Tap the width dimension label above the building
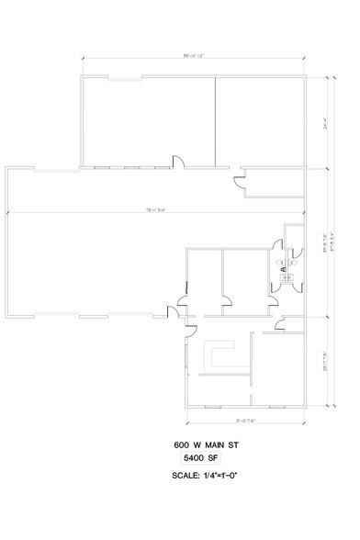pyautogui.click(x=193, y=57)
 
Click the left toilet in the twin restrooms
pyautogui.click(x=280, y=262)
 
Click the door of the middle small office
pyautogui.click(x=226, y=298)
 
